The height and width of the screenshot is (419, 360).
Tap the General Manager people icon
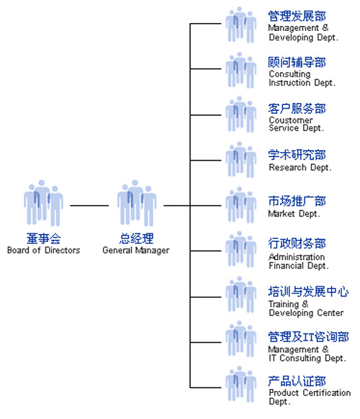pos(137,203)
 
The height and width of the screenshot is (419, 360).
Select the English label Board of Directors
pos(44,251)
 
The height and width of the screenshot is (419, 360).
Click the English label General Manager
pos(136,251)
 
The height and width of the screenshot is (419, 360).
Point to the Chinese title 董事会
pos(44,238)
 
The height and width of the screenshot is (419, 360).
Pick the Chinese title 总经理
pos(136,238)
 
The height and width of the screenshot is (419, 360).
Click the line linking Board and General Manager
pos(89,205)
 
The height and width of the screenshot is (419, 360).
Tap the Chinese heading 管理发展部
pos(297,16)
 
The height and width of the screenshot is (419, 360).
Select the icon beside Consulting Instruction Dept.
pos(240,70)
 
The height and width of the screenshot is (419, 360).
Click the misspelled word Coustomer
pos(291,120)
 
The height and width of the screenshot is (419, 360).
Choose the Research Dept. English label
pos(300,168)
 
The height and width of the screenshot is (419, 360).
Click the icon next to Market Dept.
pos(240,205)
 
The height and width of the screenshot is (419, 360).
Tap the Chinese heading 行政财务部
pos(297,243)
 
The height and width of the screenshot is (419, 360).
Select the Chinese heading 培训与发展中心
pos(308,292)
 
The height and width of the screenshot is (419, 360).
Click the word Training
pos(284,305)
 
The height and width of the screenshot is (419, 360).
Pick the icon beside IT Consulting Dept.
pos(240,339)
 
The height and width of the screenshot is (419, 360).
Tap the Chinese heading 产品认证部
pos(297,381)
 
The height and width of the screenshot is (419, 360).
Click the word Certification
pos(327,392)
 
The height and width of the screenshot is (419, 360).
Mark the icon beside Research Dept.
pos(240,160)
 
